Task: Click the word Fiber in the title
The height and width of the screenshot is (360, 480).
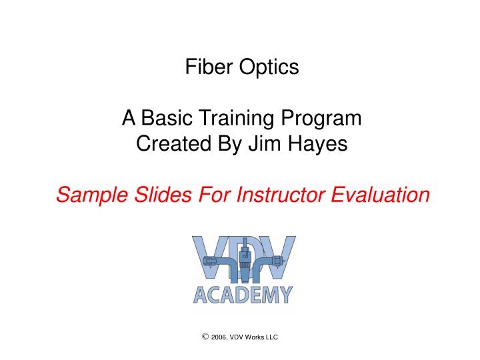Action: (x=206, y=68)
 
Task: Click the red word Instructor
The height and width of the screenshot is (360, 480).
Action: (x=280, y=195)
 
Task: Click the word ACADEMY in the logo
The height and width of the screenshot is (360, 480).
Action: (x=243, y=294)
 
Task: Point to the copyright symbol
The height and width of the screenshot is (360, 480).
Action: (x=205, y=337)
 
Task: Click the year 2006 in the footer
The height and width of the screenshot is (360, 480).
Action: (x=219, y=338)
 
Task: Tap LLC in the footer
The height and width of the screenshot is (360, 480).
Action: (x=271, y=338)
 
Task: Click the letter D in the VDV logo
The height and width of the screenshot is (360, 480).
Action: (x=245, y=257)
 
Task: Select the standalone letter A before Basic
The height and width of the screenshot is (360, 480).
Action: (x=129, y=119)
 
